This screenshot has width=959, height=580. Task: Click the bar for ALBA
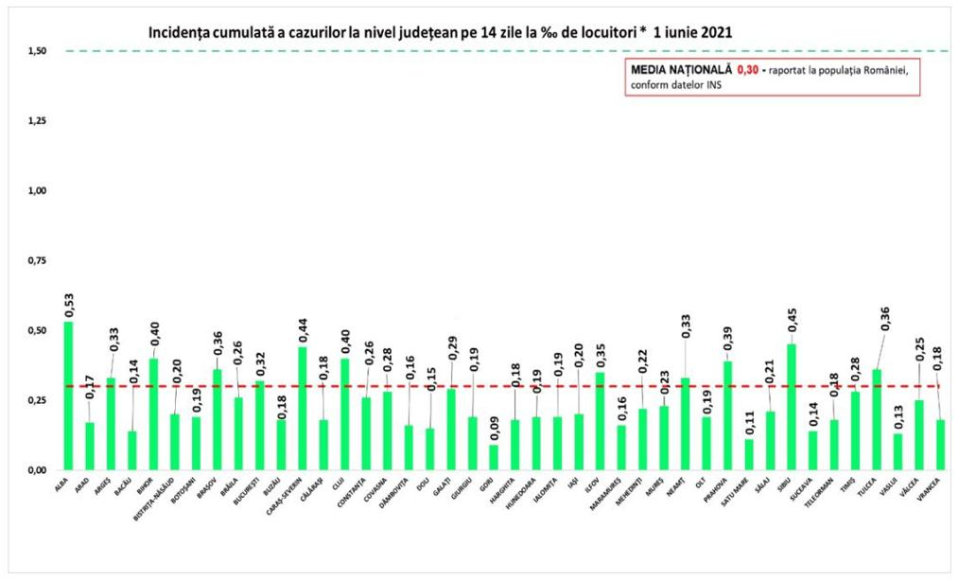point(68,395)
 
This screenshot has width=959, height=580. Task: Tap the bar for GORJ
point(494,457)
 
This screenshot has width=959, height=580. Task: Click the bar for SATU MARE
point(749,454)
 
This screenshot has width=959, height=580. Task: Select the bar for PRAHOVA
point(727,415)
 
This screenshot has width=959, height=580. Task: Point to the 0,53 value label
point(69,305)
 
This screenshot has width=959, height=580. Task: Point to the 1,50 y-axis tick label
point(38,51)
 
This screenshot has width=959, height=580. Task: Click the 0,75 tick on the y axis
point(38,261)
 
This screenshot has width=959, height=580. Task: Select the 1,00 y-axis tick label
point(38,191)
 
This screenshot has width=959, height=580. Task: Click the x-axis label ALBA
point(63,484)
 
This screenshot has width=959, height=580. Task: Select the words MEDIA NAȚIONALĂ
point(680,70)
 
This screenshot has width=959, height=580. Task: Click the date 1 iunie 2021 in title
point(682,32)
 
